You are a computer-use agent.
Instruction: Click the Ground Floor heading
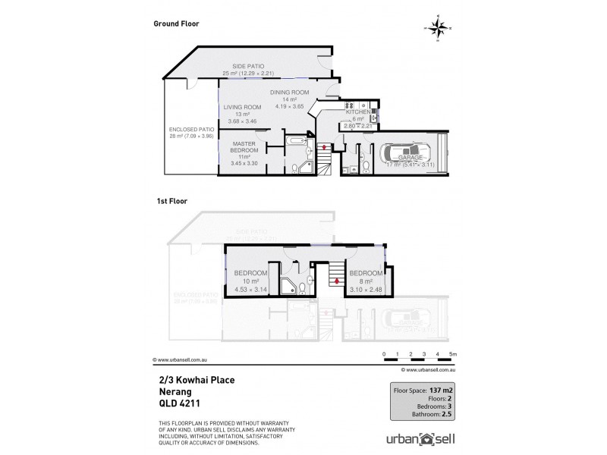click(x=176, y=24)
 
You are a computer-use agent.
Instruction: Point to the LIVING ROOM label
click(x=242, y=107)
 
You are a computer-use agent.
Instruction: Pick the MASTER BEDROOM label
click(x=244, y=148)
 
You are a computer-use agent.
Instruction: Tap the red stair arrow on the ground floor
click(x=325, y=146)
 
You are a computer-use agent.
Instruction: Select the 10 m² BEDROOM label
click(x=250, y=272)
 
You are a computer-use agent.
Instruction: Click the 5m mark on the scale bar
click(x=453, y=354)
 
